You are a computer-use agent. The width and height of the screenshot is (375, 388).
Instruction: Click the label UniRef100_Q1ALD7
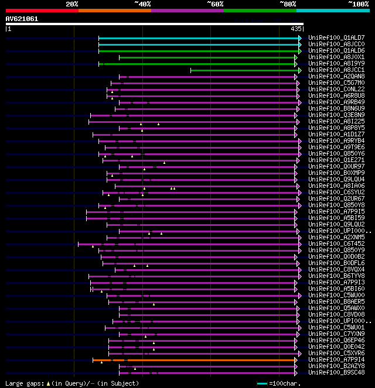(x=336, y=38)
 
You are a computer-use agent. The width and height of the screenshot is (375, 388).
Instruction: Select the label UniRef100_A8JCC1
(x=336, y=70)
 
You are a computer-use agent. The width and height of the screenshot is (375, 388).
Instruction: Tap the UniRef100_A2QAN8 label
(x=336, y=77)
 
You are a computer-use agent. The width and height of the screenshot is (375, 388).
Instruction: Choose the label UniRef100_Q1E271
(x=336, y=160)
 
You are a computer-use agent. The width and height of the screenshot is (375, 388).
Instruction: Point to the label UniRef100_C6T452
(x=336, y=243)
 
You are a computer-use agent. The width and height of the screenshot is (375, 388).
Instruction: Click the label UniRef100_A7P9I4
(x=336, y=359)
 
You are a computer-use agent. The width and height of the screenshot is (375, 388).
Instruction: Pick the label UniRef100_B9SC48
(x=336, y=372)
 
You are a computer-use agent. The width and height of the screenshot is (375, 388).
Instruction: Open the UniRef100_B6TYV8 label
(x=336, y=276)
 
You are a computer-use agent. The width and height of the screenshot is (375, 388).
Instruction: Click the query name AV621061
(x=22, y=19)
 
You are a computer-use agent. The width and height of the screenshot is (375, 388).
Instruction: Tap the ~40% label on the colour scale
(x=142, y=4)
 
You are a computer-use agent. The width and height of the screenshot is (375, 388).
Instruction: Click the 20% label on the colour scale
(x=72, y=4)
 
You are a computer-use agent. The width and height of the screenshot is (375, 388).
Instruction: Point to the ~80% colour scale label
(x=288, y=4)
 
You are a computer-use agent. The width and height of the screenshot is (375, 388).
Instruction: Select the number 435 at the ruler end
(x=296, y=29)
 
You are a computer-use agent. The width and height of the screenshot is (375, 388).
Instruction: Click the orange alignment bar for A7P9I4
(x=193, y=359)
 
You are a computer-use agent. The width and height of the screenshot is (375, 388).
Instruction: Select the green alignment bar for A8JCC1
(x=243, y=70)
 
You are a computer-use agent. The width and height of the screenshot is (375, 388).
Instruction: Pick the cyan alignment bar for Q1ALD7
(x=199, y=38)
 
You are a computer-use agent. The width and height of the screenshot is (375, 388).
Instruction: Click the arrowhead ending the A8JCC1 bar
(x=296, y=70)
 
